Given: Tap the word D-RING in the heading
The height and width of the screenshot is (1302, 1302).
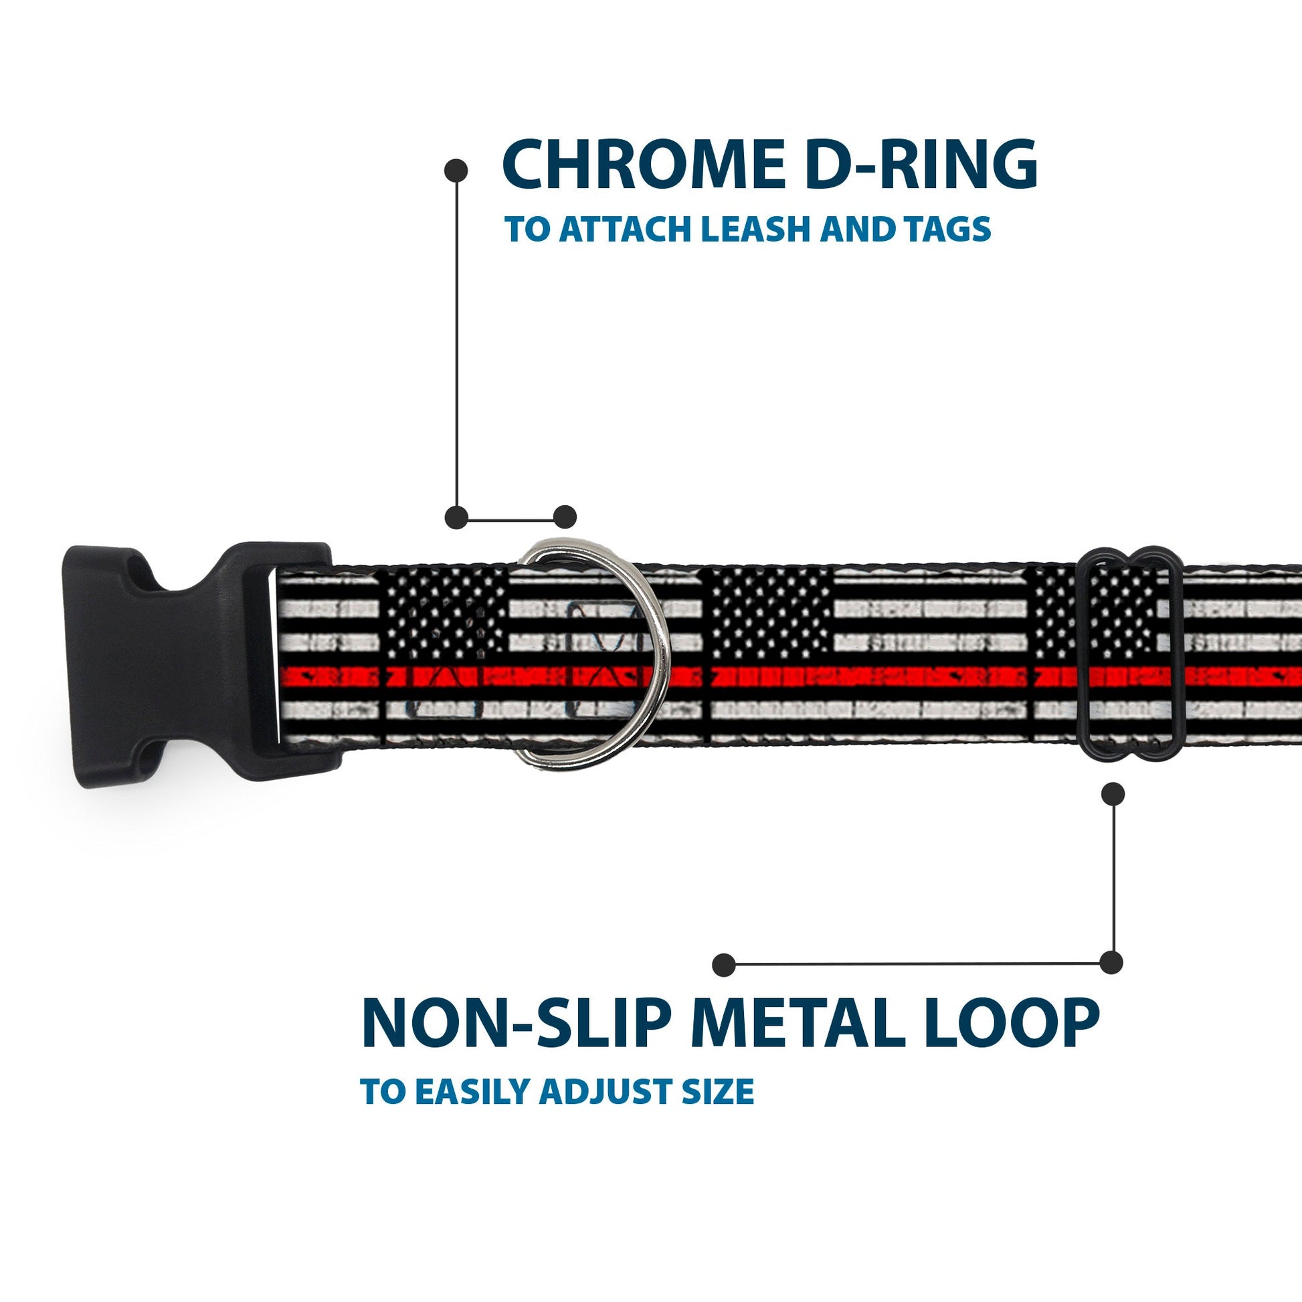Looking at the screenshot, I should click(907, 166).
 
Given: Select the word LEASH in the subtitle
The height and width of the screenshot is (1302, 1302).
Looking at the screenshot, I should click(754, 229).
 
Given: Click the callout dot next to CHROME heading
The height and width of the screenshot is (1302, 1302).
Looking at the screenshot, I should click(456, 170).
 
